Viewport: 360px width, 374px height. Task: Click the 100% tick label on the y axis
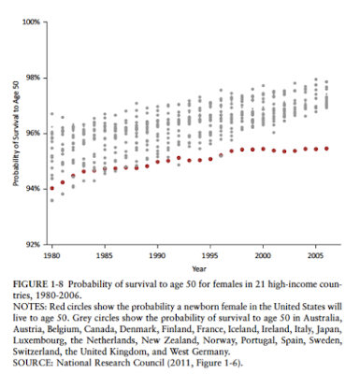tap(31, 22)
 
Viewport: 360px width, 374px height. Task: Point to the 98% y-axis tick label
tap(33, 78)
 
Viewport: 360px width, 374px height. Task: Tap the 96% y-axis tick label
tap(33, 133)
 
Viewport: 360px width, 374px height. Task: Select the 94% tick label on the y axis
tap(33, 189)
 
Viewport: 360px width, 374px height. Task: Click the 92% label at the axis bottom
tap(33, 244)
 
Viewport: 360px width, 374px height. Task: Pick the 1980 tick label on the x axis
tap(51, 256)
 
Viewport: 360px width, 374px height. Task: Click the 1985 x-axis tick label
tap(105, 256)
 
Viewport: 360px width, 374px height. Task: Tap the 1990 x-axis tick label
tap(157, 256)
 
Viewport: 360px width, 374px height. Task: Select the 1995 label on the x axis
tap(210, 256)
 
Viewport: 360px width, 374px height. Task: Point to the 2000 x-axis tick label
tap(263, 256)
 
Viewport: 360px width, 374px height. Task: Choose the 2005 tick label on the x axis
tap(316, 256)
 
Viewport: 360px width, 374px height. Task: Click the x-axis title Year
tap(199, 268)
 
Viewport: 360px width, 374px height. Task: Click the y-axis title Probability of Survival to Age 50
tap(16, 134)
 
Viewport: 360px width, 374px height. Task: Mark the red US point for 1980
tap(52, 188)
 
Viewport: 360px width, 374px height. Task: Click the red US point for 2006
tap(326, 149)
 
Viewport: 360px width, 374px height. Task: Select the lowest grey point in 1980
tap(52, 200)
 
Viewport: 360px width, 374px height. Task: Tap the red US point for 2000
tap(263, 149)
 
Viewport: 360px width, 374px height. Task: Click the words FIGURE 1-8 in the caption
tap(38, 284)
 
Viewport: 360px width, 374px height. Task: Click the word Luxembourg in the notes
tap(39, 340)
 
